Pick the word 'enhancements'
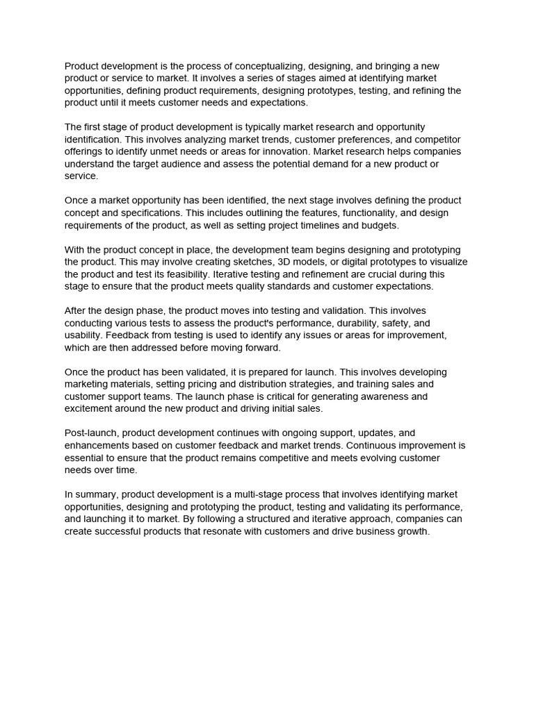(97, 445)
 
